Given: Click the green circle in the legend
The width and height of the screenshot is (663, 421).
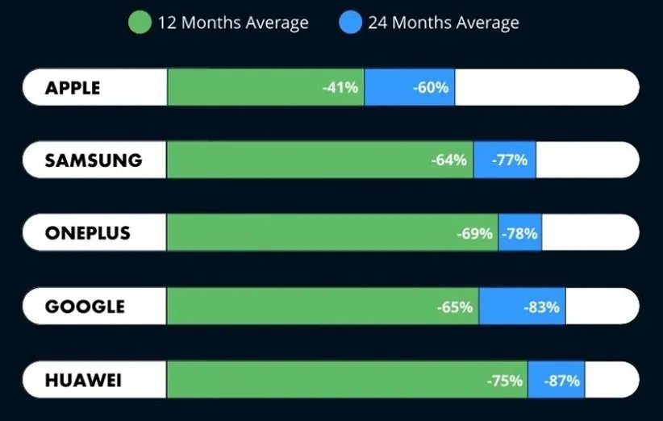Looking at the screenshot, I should [140, 23].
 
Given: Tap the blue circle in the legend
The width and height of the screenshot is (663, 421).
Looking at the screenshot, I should [351, 23].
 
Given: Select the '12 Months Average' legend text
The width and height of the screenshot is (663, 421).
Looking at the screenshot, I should [233, 23].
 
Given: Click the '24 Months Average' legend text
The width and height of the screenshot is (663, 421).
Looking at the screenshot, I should [444, 23].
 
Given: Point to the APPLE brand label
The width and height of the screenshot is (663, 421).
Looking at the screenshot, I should [73, 88].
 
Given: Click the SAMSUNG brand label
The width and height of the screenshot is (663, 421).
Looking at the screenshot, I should [94, 160].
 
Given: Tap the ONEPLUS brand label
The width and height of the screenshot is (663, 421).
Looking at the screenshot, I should [88, 234].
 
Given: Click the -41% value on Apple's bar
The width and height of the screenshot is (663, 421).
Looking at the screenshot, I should [340, 88].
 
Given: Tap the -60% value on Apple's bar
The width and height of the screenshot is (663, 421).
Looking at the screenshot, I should [431, 88].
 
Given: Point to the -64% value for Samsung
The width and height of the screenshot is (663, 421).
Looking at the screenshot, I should [449, 160].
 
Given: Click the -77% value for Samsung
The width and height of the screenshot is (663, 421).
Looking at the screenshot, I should [510, 160].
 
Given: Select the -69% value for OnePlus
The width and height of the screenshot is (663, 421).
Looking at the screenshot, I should [474, 234].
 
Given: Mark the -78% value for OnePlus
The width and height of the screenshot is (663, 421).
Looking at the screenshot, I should [520, 234].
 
